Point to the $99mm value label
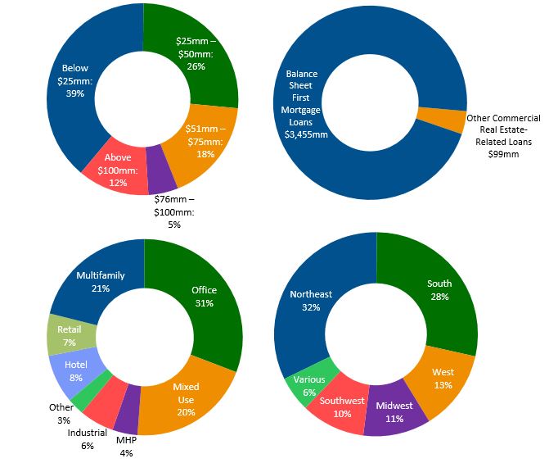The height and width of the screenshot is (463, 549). pyautogui.click(x=504, y=153)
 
